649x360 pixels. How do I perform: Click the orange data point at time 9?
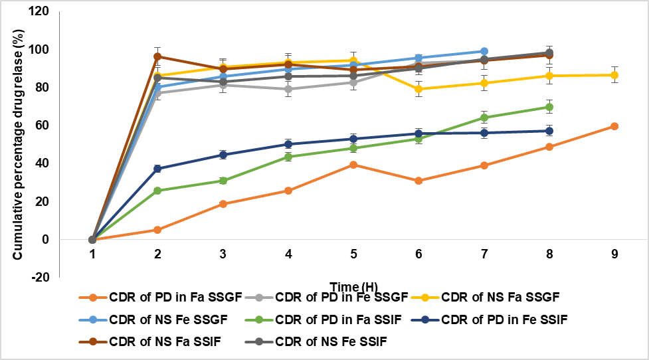614,126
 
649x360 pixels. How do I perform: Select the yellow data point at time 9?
614,75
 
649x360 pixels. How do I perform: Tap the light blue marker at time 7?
484,51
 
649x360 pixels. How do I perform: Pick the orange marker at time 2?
157,230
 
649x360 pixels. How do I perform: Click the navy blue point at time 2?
157,169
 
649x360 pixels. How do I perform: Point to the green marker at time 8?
549,107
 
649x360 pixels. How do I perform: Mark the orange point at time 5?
353,165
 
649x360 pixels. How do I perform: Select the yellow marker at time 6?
418,89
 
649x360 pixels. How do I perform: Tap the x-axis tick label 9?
614,253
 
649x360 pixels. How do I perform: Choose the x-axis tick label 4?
288,253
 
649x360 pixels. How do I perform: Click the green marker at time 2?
157,191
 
